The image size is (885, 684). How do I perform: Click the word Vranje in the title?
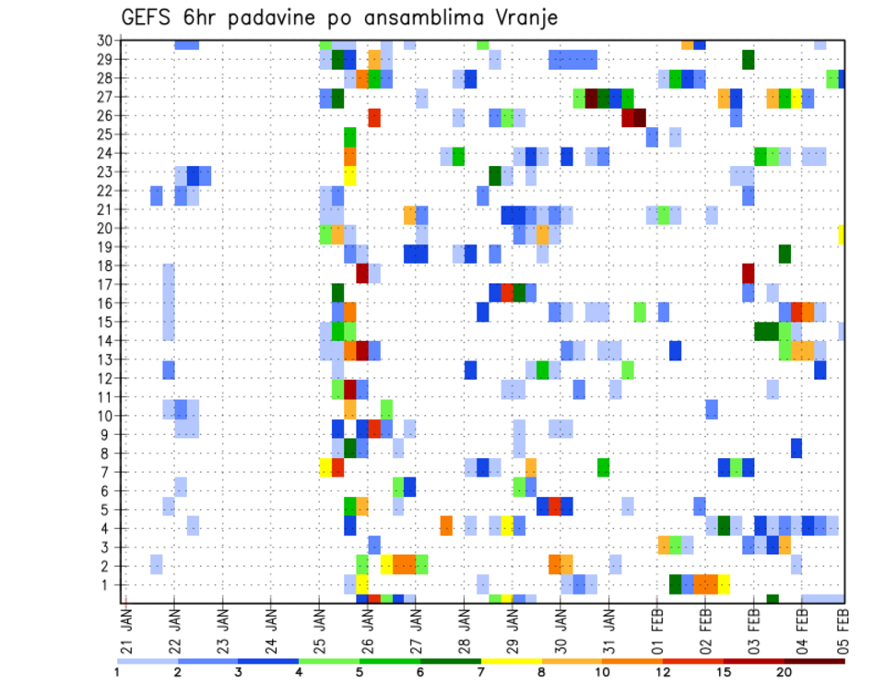(x=523, y=19)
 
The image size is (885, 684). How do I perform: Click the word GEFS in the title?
(x=148, y=19)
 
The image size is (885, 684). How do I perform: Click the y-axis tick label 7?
(x=107, y=472)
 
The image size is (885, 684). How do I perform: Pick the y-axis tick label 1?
(x=107, y=584)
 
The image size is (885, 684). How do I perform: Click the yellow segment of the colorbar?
(x=512, y=661)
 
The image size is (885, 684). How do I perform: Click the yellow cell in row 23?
(x=350, y=171)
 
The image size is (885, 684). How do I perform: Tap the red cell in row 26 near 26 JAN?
(x=374, y=116)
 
